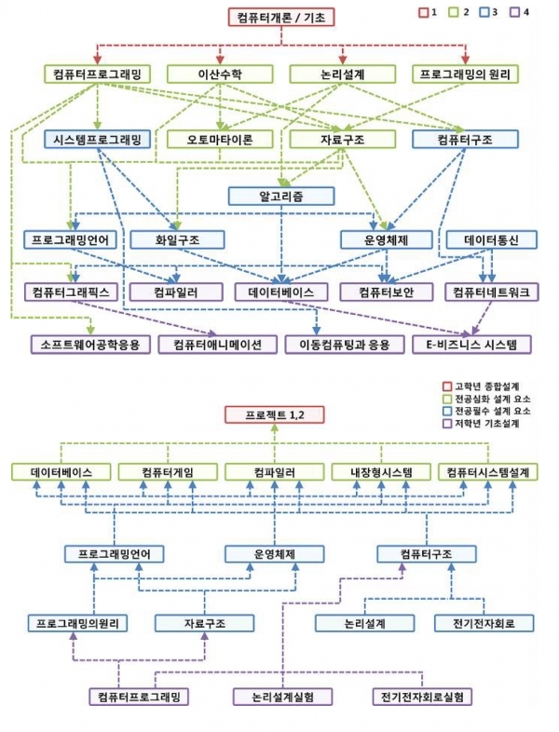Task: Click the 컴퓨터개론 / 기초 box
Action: click(279, 18)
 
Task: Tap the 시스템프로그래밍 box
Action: click(96, 140)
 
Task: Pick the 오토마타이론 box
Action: click(221, 140)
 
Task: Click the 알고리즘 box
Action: click(281, 197)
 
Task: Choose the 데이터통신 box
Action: click(488, 239)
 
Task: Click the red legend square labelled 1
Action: click(422, 12)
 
